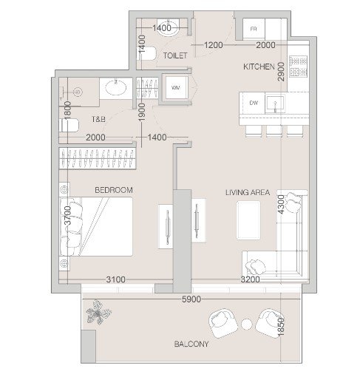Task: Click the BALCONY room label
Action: pyautogui.click(x=191, y=344)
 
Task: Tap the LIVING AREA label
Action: pyautogui.click(x=248, y=192)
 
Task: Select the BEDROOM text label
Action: pyautogui.click(x=114, y=190)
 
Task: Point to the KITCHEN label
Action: pyautogui.click(x=259, y=67)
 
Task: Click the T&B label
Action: pyautogui.click(x=98, y=119)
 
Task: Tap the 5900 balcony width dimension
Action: pyautogui.click(x=191, y=299)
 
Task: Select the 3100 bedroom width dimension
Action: pyautogui.click(x=115, y=279)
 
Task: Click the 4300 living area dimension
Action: pyautogui.click(x=281, y=204)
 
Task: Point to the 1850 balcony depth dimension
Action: pyautogui.click(x=281, y=327)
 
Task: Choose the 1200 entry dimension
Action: pyautogui.click(x=214, y=45)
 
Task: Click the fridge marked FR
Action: pyautogui.click(x=254, y=29)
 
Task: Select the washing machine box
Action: pyautogui.click(x=177, y=87)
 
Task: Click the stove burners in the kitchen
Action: pyautogui.click(x=299, y=66)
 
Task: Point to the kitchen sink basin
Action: pyautogui.click(x=275, y=103)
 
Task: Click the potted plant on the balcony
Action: pyautogui.click(x=98, y=312)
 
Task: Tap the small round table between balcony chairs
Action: pyautogui.click(x=246, y=325)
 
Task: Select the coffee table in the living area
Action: pyautogui.click(x=248, y=220)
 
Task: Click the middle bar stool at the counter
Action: pyautogui.click(x=274, y=131)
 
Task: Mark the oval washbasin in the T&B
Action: pyautogui.click(x=116, y=87)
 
